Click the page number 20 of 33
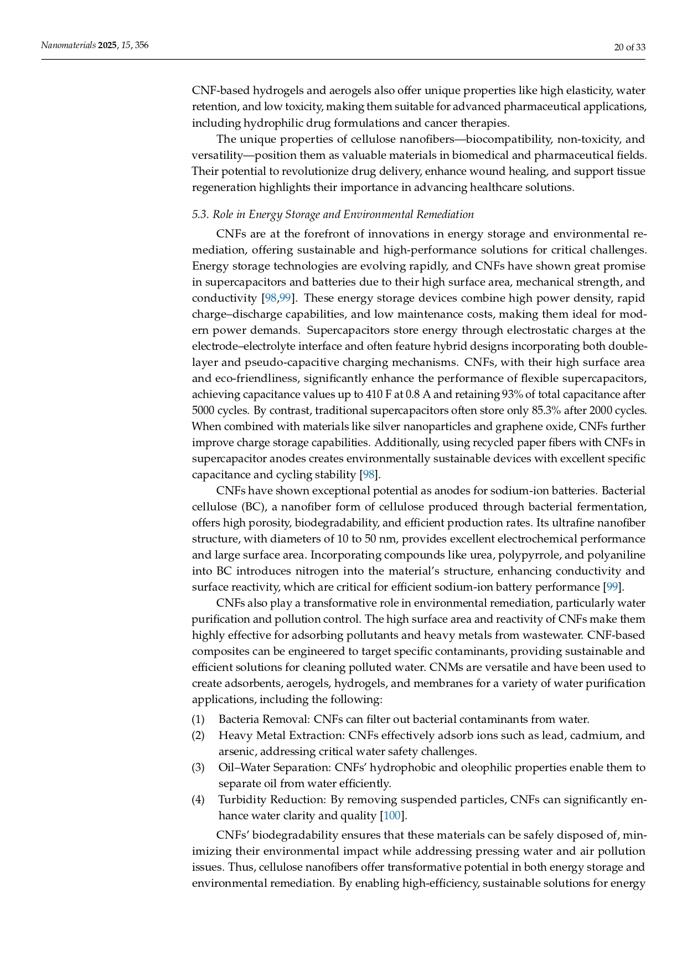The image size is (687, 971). [x=629, y=47]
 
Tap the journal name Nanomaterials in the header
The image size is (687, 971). [x=68, y=45]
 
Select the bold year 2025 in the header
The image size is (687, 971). [x=107, y=45]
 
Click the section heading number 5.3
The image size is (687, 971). [x=200, y=215]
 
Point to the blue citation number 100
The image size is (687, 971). [x=392, y=815]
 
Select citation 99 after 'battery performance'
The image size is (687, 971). [x=612, y=587]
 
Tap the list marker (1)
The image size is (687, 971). [x=198, y=719]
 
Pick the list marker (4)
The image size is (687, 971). [x=198, y=799]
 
